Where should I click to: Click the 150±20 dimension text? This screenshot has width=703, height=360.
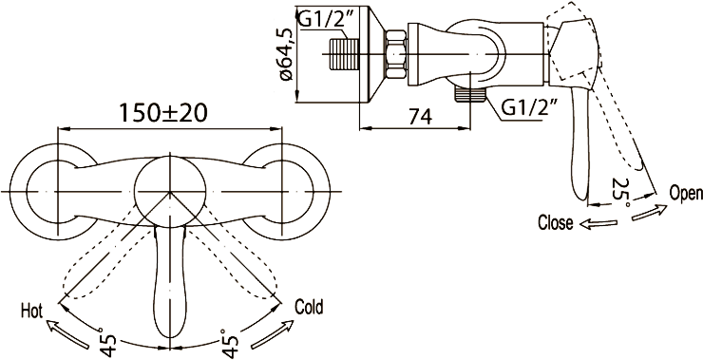162,113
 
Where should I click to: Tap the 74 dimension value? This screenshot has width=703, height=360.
420,117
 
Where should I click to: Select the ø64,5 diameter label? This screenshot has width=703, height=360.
286,54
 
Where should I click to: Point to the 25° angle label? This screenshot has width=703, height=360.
622,192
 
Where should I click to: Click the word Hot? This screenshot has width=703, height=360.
31,311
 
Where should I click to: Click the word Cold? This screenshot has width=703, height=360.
309,307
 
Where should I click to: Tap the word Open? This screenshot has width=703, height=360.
686,193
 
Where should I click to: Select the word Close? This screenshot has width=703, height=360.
556,222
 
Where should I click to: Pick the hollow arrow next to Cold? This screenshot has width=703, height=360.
272,334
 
